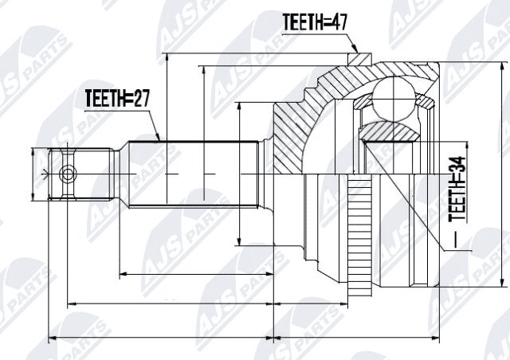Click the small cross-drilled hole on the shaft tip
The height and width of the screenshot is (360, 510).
click(x=69, y=173)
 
